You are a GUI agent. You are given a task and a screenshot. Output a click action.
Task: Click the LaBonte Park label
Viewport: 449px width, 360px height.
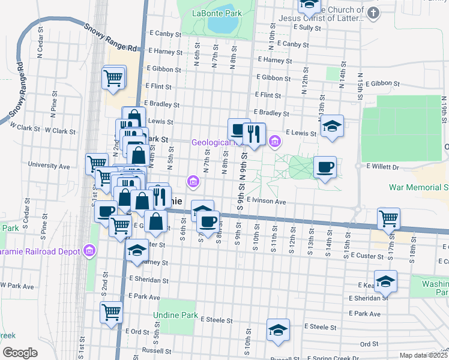(x=217, y=13)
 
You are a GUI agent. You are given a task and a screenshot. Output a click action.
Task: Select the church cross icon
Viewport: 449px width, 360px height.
(x=373, y=13)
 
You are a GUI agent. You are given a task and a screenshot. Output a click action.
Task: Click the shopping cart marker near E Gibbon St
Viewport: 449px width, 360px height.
(x=114, y=77)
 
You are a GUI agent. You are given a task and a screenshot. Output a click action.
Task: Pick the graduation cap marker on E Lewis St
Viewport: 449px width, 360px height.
(x=331, y=127)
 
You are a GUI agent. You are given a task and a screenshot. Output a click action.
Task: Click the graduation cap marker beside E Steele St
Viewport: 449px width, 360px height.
(x=278, y=330)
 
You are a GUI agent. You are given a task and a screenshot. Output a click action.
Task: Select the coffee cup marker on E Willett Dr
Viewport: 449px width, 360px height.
(x=325, y=167)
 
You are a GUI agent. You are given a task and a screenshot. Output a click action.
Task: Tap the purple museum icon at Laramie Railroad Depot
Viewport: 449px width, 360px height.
(x=90, y=250)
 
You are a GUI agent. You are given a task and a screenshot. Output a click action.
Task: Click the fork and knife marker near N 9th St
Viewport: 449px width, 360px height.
(x=255, y=134)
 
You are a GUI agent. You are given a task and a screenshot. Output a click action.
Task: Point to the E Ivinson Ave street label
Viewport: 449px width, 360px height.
(x=266, y=202)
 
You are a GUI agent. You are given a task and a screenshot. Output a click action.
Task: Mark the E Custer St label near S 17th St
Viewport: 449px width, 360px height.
(x=366, y=256)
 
